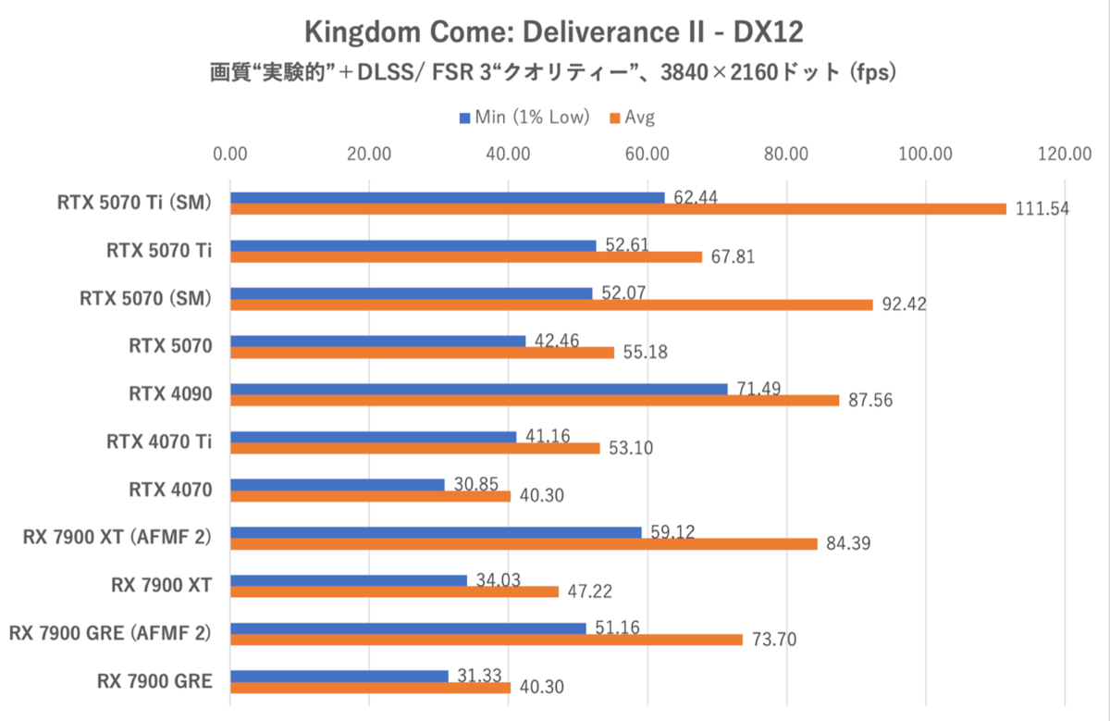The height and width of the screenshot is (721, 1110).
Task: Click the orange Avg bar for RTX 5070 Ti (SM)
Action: pyautogui.click(x=618, y=209)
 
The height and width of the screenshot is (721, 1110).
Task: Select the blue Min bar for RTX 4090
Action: pyautogui.click(x=478, y=389)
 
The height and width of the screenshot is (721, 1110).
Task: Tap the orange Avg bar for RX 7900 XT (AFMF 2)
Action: pyautogui.click(x=524, y=544)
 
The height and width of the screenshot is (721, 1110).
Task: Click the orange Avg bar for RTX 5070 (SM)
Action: pyautogui.click(x=551, y=305)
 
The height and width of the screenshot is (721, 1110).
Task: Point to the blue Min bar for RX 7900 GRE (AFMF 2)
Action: pyautogui.click(x=408, y=628)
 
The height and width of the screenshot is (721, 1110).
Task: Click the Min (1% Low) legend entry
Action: pyautogui.click(x=524, y=118)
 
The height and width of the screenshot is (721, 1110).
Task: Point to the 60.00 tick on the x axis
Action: pyautogui.click(x=647, y=154)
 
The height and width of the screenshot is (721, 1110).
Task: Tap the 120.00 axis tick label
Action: pyautogui.click(x=1064, y=154)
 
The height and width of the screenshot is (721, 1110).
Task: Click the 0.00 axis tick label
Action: pyautogui.click(x=230, y=154)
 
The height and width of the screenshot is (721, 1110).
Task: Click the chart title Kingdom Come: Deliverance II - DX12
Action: pyautogui.click(x=554, y=33)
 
